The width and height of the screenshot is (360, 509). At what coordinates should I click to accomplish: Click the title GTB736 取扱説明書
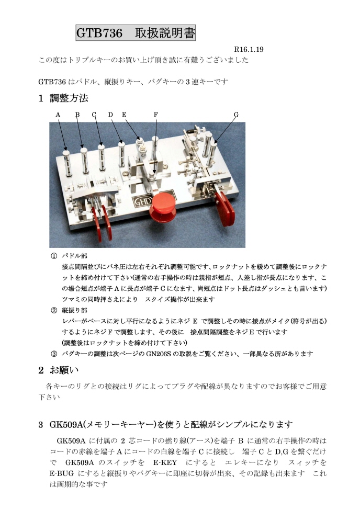click(136, 33)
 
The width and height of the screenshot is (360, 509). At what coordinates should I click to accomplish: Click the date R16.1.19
click(249, 50)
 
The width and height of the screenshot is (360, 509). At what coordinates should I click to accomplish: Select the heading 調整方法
click(69, 98)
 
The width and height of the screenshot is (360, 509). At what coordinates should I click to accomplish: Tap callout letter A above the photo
click(58, 115)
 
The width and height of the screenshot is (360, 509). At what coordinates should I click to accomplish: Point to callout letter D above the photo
click(111, 115)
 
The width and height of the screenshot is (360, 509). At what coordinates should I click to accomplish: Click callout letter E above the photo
click(124, 115)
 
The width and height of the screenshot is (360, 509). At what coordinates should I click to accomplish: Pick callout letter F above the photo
click(156, 115)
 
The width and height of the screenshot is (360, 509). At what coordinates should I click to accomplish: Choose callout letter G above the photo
click(236, 115)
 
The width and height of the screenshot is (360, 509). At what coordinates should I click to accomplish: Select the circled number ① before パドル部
click(54, 256)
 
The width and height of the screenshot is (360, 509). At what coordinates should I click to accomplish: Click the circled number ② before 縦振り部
click(54, 310)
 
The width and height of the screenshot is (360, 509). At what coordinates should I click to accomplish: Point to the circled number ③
click(54, 354)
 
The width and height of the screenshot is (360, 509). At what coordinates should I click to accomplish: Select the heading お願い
click(64, 370)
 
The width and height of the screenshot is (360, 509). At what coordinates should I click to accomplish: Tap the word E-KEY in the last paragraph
click(165, 462)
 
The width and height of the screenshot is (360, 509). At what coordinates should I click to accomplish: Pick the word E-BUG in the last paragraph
click(62, 473)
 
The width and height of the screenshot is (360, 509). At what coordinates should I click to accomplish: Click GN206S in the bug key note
click(159, 354)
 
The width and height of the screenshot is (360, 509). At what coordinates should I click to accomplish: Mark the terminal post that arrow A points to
click(67, 162)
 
